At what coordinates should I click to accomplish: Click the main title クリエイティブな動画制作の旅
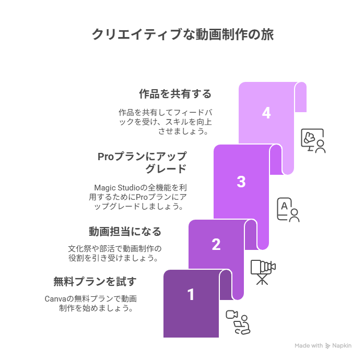click(x=183, y=35)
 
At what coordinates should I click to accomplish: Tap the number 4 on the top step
click(x=266, y=113)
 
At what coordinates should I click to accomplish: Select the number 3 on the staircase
click(x=241, y=182)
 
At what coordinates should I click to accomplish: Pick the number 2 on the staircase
click(x=216, y=245)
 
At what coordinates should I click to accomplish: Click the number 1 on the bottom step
click(x=191, y=295)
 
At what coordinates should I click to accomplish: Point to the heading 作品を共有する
click(x=175, y=94)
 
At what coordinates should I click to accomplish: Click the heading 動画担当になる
click(x=125, y=232)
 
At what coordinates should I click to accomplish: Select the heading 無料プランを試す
click(x=95, y=282)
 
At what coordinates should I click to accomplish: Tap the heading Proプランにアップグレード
click(x=142, y=162)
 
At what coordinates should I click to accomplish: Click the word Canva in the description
click(x=55, y=299)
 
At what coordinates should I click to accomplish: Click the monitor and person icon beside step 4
click(x=313, y=141)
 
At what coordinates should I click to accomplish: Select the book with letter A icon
click(x=288, y=210)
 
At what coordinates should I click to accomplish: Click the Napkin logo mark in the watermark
click(x=327, y=345)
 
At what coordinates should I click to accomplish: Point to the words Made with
click(x=309, y=345)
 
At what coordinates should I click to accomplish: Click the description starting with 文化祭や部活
click(x=115, y=253)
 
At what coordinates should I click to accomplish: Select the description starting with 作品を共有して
click(x=165, y=122)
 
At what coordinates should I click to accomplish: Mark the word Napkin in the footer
click(x=342, y=345)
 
